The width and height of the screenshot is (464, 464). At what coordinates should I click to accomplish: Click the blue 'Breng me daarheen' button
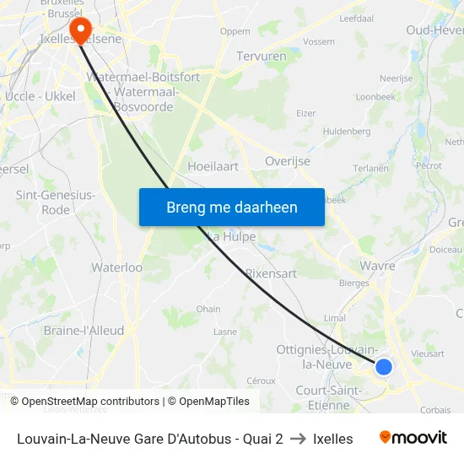coord(232,207)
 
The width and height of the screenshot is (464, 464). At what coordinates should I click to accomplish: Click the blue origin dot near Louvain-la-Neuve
coord(384,366)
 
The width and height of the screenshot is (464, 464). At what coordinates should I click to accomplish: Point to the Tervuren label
coord(261,56)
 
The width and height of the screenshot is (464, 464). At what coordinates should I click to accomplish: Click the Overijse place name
coord(288,161)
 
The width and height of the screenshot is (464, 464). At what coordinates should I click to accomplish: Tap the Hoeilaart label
coord(213,167)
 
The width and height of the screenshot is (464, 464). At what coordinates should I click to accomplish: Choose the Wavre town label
coord(377,266)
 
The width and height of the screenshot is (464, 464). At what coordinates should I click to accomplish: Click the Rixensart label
coord(271,273)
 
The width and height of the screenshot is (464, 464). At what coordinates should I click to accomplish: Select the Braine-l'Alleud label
coord(84,331)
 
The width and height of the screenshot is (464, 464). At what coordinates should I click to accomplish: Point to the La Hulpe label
coord(226,236)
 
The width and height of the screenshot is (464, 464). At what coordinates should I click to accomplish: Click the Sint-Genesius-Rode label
coord(56,202)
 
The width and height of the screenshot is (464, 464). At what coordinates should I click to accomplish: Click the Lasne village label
coord(225,332)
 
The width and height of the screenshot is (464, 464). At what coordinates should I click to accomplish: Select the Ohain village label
coord(208,309)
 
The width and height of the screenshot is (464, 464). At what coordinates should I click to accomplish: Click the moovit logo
coord(413,438)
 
